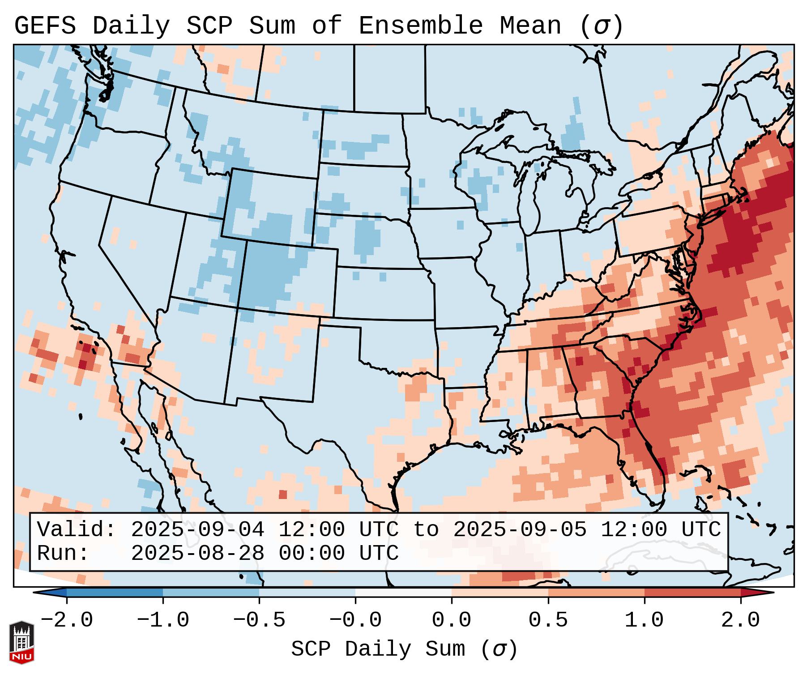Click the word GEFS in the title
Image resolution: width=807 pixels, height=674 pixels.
point(45,26)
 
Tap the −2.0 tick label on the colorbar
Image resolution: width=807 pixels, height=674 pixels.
point(66,620)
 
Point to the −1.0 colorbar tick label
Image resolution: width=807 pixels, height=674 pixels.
point(162,620)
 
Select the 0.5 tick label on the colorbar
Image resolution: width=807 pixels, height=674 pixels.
point(548,620)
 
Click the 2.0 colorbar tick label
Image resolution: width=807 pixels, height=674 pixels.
point(740,620)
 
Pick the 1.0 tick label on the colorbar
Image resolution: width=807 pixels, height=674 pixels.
point(644,620)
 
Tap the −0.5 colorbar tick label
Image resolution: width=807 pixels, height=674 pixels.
point(259,620)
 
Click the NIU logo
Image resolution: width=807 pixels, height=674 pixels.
point(21,642)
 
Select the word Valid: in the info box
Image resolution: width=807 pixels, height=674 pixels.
point(77,529)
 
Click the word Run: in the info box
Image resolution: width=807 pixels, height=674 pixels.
point(63,554)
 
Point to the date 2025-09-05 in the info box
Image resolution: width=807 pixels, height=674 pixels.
point(520,529)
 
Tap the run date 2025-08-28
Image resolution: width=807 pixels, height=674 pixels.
point(197,554)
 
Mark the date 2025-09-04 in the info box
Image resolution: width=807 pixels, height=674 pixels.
point(197,529)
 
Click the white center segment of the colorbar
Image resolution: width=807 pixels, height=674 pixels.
point(403,593)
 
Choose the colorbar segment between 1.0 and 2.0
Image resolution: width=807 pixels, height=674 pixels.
point(692,593)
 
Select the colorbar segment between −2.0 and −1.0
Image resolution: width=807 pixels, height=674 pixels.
point(115,593)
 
